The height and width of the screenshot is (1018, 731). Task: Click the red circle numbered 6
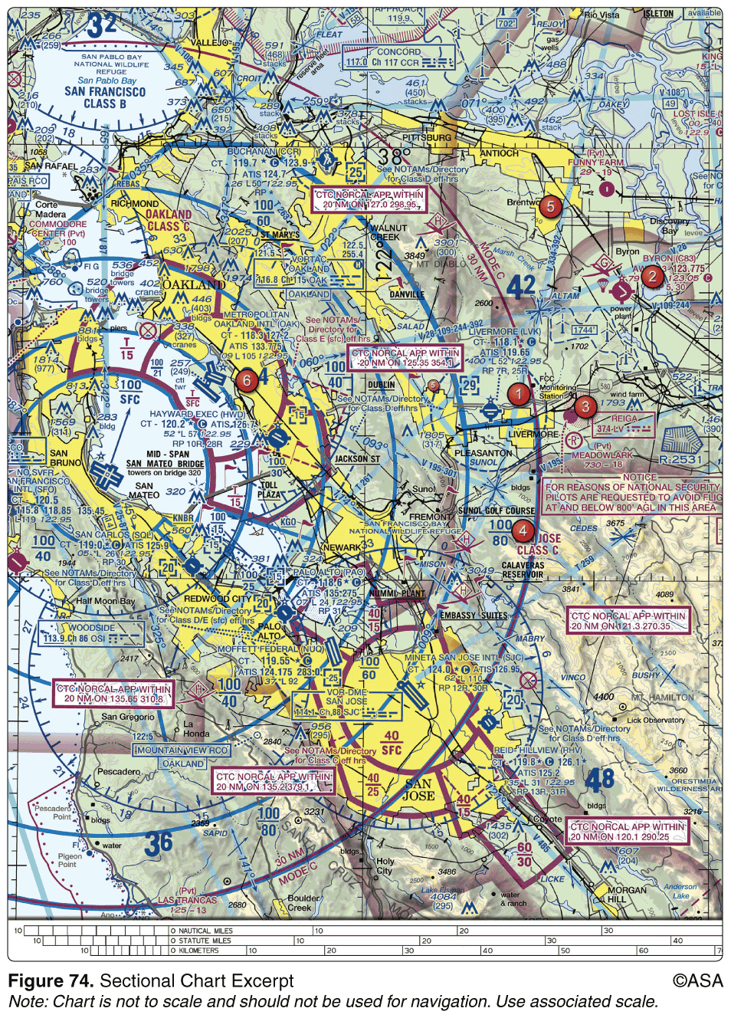pyautogui.click(x=246, y=380)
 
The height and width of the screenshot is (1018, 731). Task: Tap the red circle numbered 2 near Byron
pyautogui.click(x=652, y=276)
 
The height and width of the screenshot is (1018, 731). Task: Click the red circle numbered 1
pyautogui.click(x=519, y=395)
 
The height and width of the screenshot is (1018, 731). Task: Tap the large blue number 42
pyautogui.click(x=520, y=287)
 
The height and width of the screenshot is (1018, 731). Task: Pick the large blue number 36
pyautogui.click(x=158, y=843)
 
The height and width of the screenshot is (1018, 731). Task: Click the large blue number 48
pyautogui.click(x=600, y=780)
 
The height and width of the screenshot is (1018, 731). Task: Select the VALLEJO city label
pyautogui.click(x=208, y=43)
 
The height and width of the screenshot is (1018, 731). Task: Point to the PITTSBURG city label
pyautogui.click(x=427, y=138)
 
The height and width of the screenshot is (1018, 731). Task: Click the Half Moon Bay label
pyautogui.click(x=105, y=601)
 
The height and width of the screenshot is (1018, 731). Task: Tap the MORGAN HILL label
pyautogui.click(x=627, y=895)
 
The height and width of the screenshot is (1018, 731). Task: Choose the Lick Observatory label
pyautogui.click(x=656, y=720)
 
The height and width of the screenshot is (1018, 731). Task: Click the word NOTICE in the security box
pyautogui.click(x=639, y=477)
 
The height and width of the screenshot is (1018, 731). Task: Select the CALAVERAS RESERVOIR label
pyautogui.click(x=523, y=570)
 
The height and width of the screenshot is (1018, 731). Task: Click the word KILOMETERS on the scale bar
pyautogui.click(x=198, y=951)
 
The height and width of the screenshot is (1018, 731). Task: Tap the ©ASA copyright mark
pyautogui.click(x=697, y=980)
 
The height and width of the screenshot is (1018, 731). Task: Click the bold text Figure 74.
pyautogui.click(x=51, y=980)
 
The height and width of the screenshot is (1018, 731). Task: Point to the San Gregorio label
pyautogui.click(x=128, y=717)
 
